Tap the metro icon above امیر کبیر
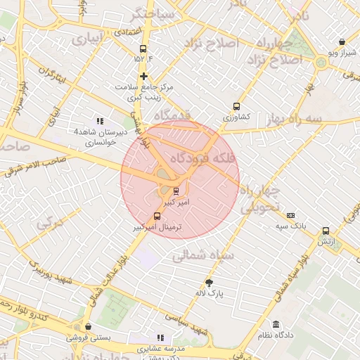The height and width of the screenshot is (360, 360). [x=175, y=191]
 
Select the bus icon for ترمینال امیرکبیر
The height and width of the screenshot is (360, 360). [x=157, y=217]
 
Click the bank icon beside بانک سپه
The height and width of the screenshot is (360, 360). [x=291, y=215]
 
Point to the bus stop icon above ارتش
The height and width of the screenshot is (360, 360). [x=326, y=231]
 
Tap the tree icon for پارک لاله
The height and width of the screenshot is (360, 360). [x=208, y=283]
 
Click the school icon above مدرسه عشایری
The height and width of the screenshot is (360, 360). [x=160, y=338]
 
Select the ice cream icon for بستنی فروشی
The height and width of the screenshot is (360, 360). [x=88, y=327]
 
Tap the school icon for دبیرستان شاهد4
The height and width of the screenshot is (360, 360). [x=100, y=121]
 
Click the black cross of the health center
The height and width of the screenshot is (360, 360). [x=144, y=76]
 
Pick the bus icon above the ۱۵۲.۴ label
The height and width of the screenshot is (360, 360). [x=144, y=49]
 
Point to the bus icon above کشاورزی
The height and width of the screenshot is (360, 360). [x=236, y=107]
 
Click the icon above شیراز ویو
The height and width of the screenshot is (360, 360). [x=342, y=41]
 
